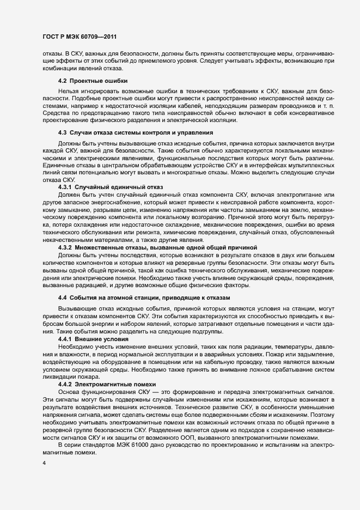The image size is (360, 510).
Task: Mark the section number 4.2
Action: click(x=62, y=81)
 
